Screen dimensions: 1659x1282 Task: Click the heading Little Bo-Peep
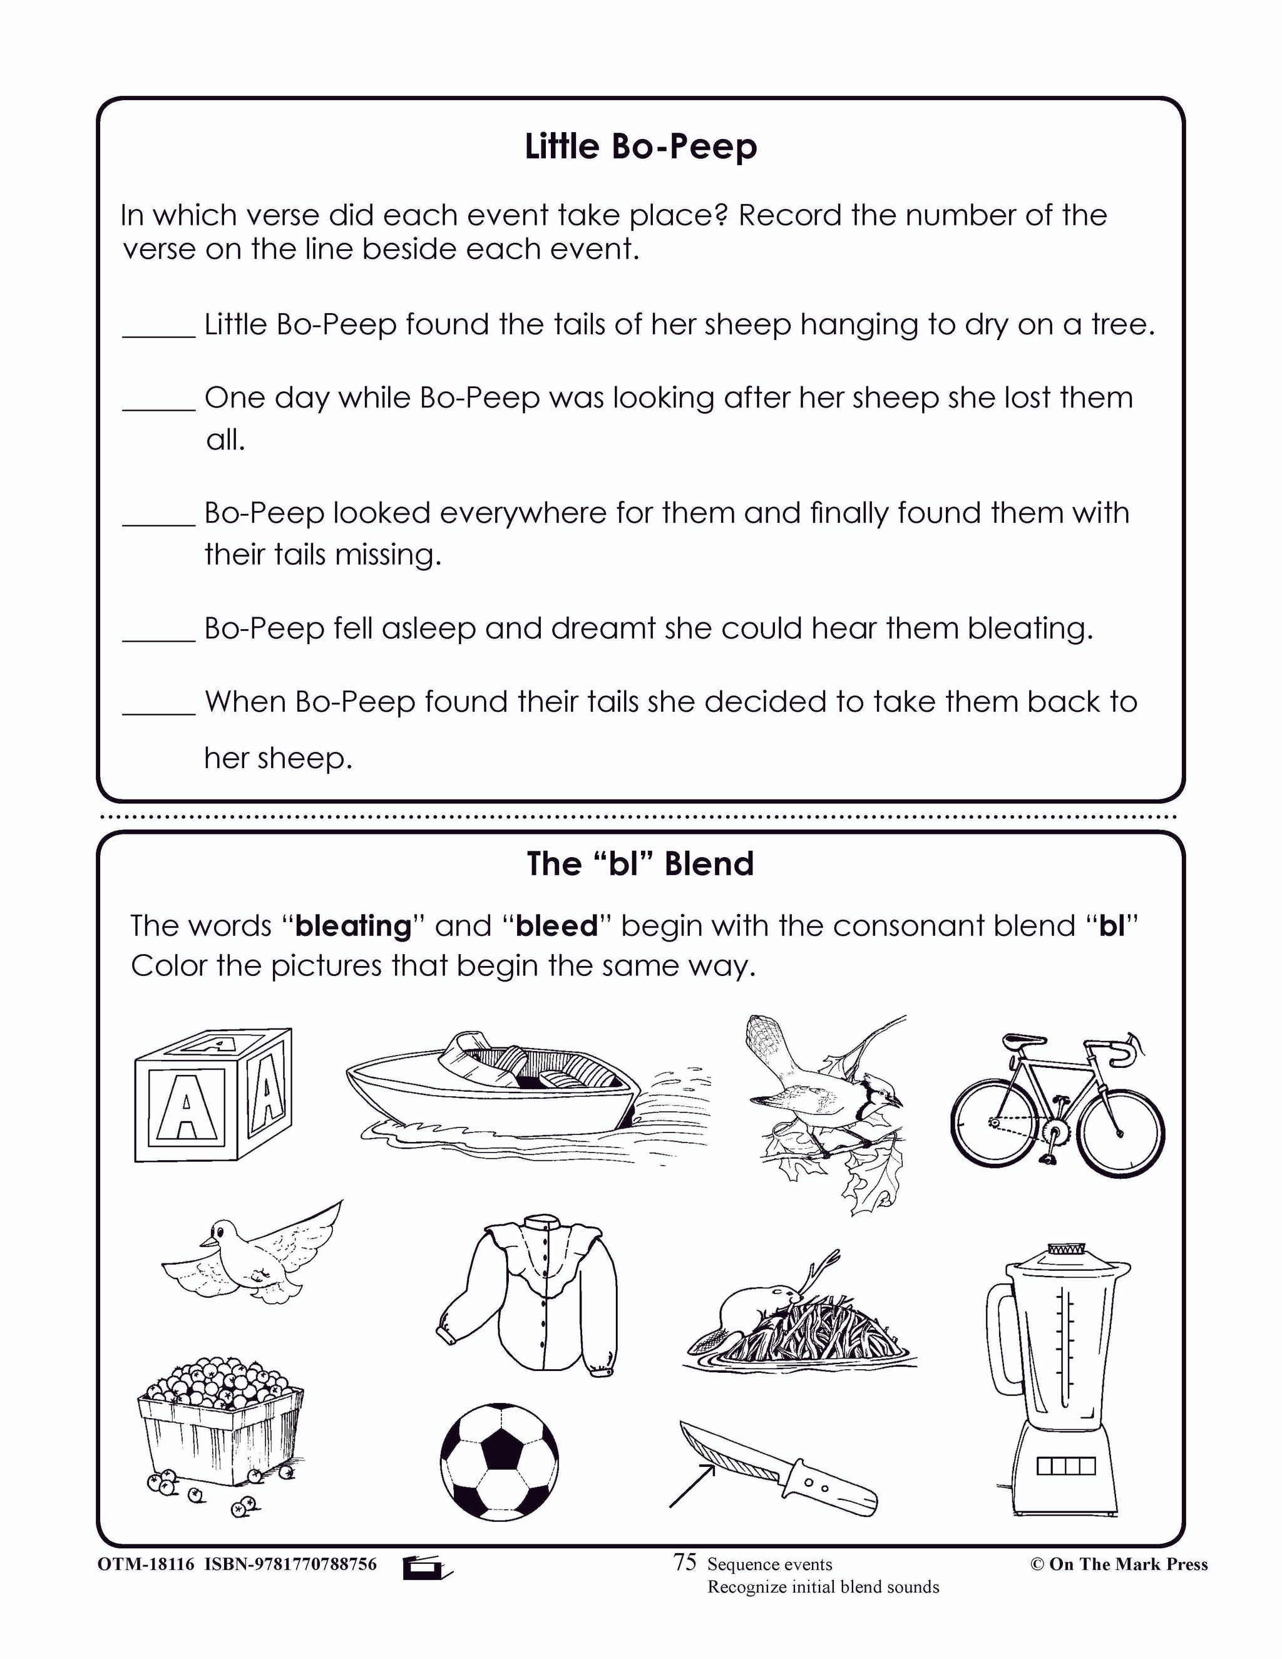click(x=640, y=146)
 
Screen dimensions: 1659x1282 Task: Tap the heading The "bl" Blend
click(x=640, y=864)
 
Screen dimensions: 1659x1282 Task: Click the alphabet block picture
click(x=212, y=1094)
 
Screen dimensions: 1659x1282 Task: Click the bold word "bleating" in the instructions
click(x=353, y=926)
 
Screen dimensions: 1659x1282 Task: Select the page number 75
click(x=684, y=1563)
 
